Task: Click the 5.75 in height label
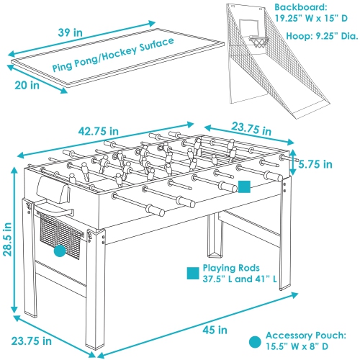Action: (x=315, y=165)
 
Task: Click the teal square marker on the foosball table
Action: (x=245, y=186)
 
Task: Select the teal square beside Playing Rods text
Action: (x=192, y=273)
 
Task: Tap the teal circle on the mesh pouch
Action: (x=59, y=251)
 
